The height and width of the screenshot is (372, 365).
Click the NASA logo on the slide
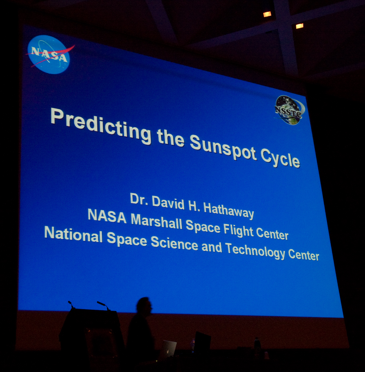pyautogui.click(x=49, y=54)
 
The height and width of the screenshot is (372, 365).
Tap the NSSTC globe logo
pyautogui.click(x=289, y=110)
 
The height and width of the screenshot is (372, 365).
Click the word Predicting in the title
pyautogui.click(x=101, y=126)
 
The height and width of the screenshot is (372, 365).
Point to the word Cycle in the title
pyautogui.click(x=280, y=159)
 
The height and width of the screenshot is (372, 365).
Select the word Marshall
pyautogui.click(x=156, y=221)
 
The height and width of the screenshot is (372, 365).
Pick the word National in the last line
pyautogui.click(x=73, y=234)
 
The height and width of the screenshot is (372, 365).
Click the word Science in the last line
pyautogui.click(x=175, y=243)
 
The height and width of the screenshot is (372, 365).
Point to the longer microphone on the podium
pyautogui.click(x=103, y=305)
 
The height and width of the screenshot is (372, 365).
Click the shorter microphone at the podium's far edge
pyautogui.click(x=71, y=304)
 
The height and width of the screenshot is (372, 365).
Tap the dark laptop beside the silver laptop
pyautogui.click(x=202, y=341)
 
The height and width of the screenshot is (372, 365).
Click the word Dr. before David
pyautogui.click(x=139, y=199)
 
